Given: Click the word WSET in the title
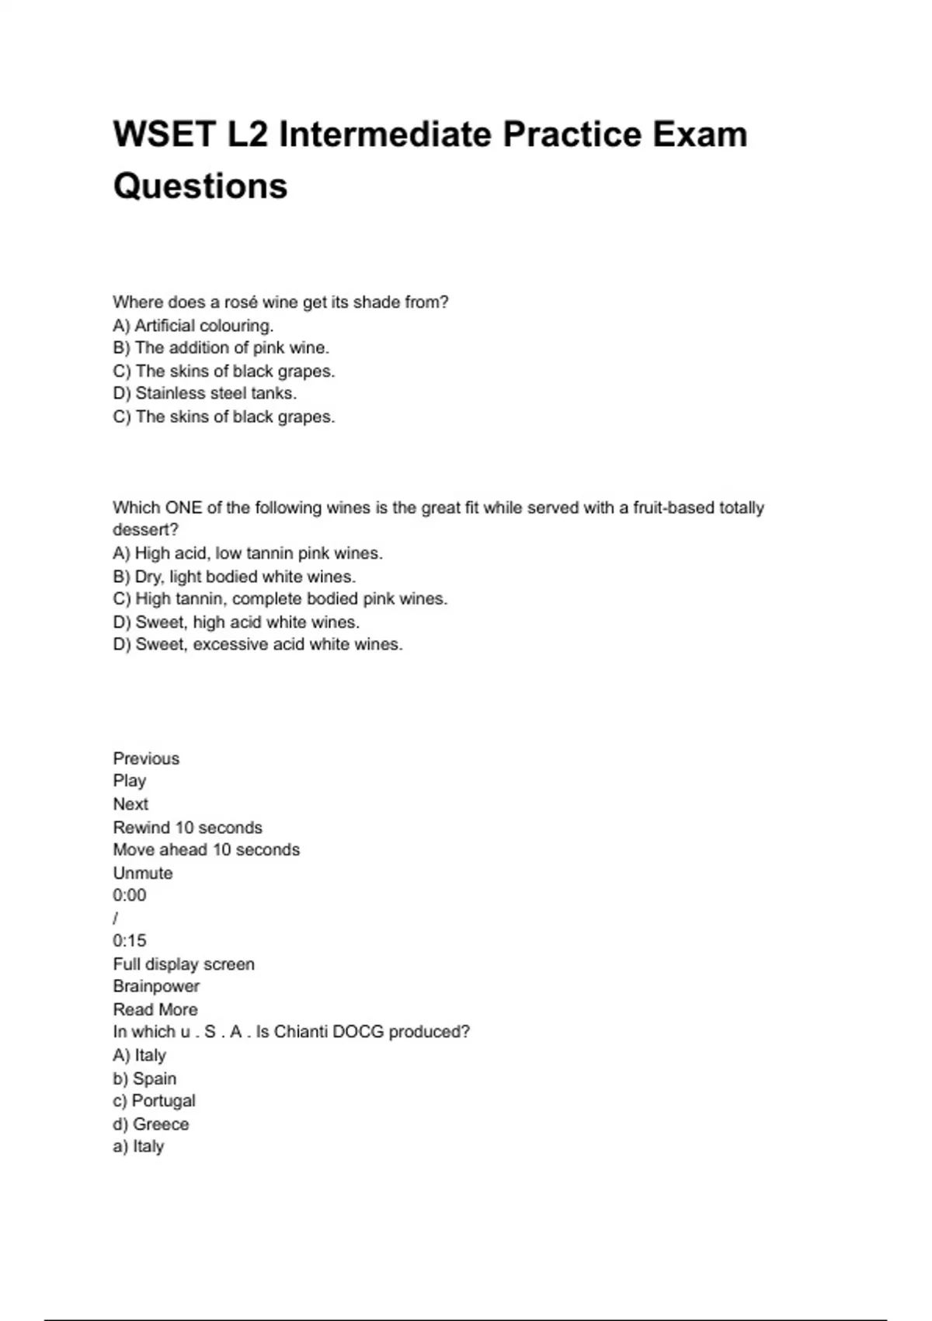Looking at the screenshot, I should coord(164,134).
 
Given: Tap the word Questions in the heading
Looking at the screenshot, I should coord(200,186).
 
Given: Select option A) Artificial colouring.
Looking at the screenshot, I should coord(193,326).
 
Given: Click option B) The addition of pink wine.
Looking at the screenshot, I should coord(221,348).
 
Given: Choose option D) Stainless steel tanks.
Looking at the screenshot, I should coord(205,394).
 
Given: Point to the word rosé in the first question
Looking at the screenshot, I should coord(241,302).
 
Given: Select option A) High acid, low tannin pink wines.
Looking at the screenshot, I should coord(248,554).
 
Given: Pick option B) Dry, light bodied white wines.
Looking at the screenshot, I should coord(235,577).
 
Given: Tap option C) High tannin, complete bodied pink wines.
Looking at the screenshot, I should coord(280,599).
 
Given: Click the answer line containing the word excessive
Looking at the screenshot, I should coord(258,645).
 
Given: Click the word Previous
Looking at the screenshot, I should coord(146,759).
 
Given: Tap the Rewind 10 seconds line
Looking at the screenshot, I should coord(188,828).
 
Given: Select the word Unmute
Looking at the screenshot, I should coord(143,873).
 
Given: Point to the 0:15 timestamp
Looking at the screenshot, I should coord(130,941).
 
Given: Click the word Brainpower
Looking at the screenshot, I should coord(156,987).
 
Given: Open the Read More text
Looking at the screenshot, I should coord(155,1010).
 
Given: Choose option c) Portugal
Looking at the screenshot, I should coord(155,1101).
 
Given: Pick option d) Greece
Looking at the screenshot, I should coord(151,1124).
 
